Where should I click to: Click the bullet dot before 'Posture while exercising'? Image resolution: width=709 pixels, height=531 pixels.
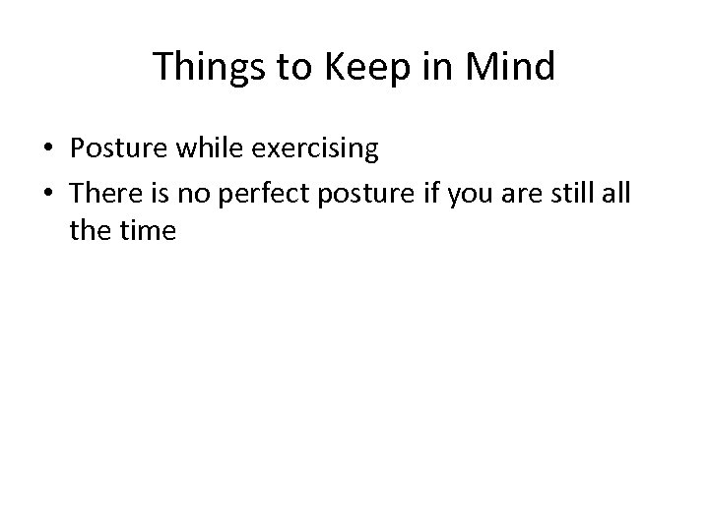click(x=48, y=149)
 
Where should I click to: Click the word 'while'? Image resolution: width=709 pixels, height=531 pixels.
click(x=209, y=149)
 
